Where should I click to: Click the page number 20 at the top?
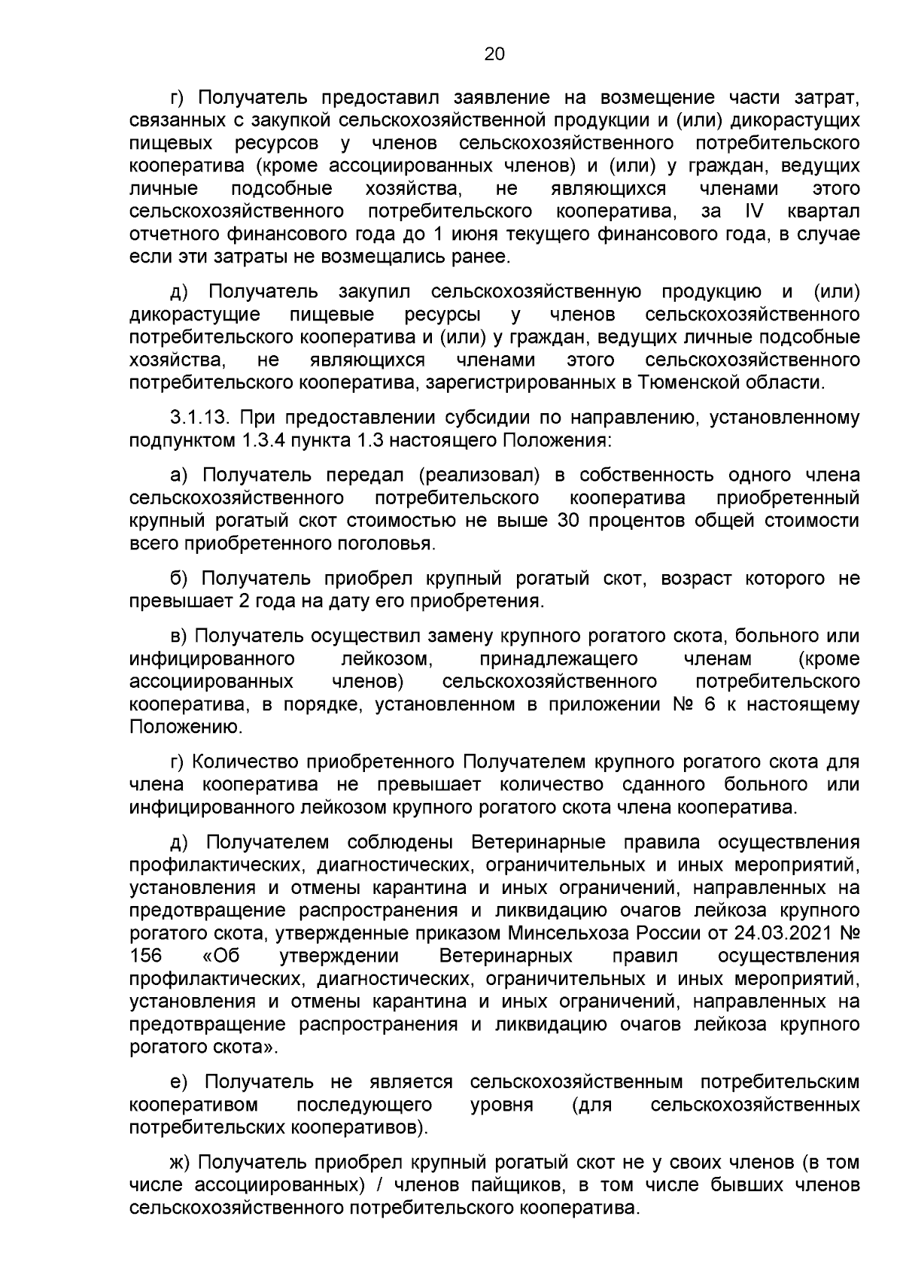coord(494,54)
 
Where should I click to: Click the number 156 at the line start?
coord(145,956)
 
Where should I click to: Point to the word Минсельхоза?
coord(560,933)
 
